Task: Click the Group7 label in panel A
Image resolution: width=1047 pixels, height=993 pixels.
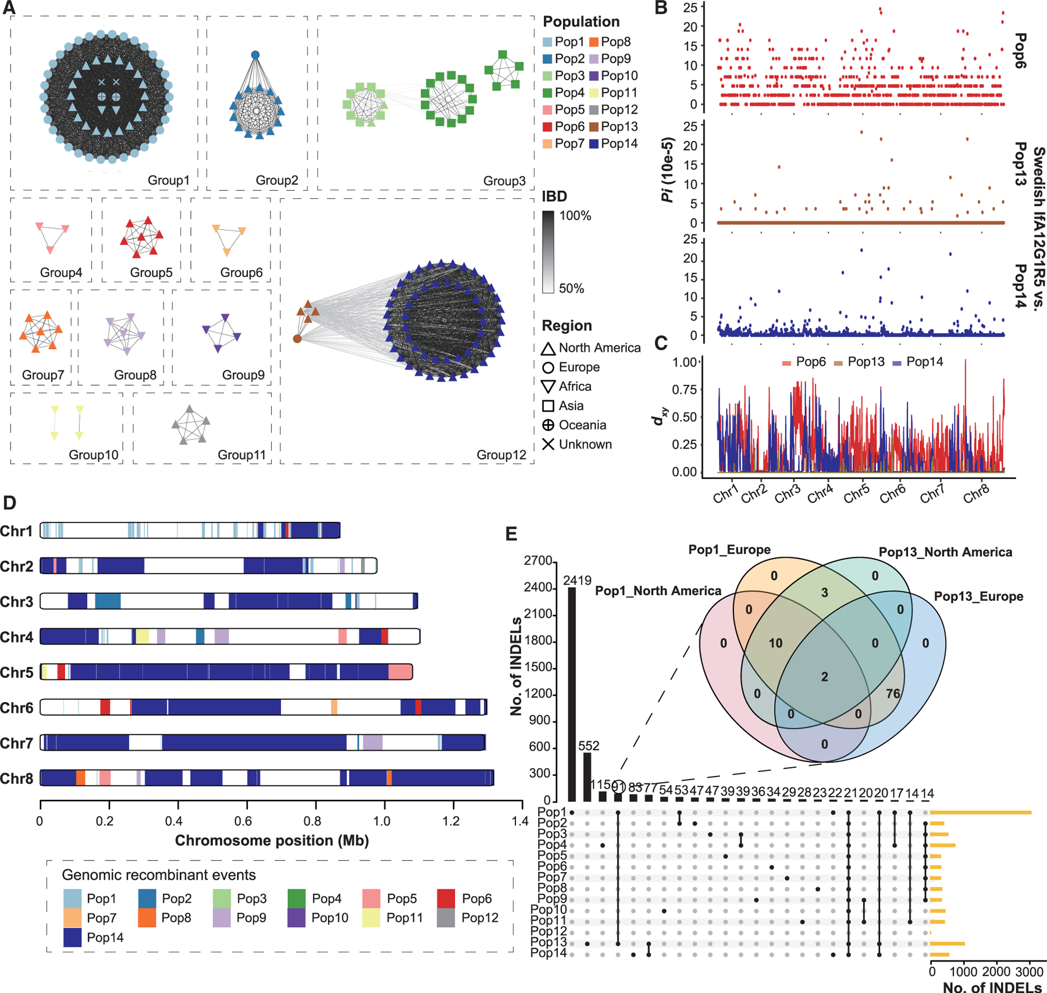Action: [x=43, y=375]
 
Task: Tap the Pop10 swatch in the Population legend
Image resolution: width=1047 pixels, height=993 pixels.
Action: [x=593, y=76]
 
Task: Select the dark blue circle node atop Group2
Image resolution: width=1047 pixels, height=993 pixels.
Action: [x=255, y=55]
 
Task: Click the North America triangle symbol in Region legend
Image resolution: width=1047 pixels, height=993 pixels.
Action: [x=547, y=348]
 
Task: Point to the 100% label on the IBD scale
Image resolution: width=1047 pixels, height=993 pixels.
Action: [x=575, y=216]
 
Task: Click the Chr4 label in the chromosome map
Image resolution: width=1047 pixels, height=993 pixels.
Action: [x=17, y=637]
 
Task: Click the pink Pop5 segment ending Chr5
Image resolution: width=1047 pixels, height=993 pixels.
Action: [x=400, y=672]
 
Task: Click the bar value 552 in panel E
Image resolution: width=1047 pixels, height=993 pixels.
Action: [x=588, y=746]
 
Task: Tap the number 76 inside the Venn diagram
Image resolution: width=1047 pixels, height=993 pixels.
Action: [x=893, y=693]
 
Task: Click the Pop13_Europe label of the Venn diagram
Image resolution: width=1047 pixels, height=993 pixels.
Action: [x=978, y=597]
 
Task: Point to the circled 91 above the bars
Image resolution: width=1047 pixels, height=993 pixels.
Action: [x=618, y=787]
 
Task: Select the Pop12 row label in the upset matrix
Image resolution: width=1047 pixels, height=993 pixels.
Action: [x=551, y=932]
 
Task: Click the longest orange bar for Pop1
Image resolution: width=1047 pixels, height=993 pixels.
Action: [x=981, y=812]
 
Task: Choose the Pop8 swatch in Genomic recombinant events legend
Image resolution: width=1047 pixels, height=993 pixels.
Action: [x=147, y=918]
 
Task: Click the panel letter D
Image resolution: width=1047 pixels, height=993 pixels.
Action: [x=10, y=503]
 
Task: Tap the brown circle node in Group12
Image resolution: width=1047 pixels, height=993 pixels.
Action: [x=297, y=339]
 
